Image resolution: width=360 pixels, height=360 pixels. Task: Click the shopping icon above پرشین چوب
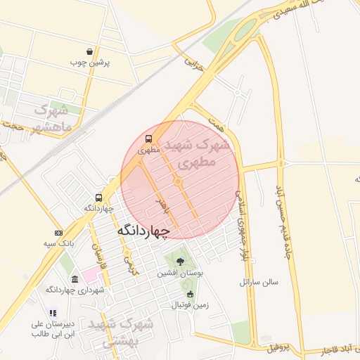point(90,51)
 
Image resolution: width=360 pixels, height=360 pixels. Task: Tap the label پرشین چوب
point(90,62)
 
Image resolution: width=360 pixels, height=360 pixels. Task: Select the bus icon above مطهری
point(148,139)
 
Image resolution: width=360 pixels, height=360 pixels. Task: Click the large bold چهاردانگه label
point(143,230)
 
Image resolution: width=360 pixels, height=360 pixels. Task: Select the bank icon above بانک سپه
point(58,233)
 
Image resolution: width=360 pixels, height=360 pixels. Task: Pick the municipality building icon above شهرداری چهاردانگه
point(75,279)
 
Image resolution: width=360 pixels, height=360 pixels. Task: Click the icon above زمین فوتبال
point(190,295)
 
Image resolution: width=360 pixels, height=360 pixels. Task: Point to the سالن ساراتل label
point(259,282)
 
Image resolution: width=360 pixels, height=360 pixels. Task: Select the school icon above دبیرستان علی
point(53,314)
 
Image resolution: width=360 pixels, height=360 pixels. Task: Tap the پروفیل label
point(278,348)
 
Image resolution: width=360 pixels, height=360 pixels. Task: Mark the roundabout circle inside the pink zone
point(179,182)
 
